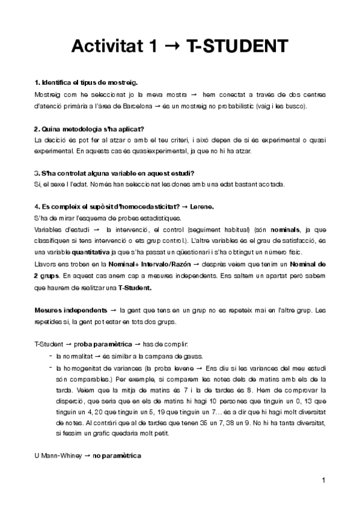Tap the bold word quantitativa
[90, 250]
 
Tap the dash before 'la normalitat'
[48, 355]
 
